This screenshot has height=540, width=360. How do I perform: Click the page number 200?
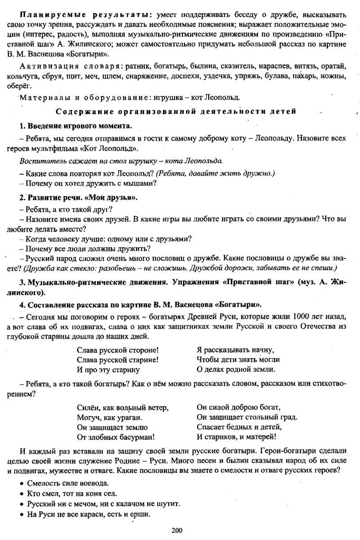pos(177,529)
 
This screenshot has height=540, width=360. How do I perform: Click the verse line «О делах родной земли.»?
pos(235,369)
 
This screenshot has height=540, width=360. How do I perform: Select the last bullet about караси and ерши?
pos(84,514)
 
